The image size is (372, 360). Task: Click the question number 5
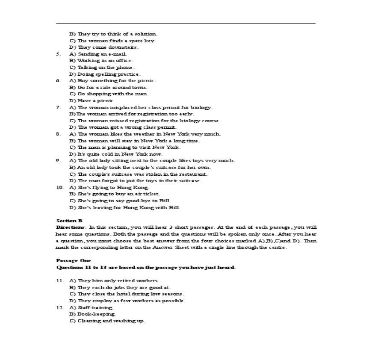coord(58,54)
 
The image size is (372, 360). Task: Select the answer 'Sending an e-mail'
coord(98,54)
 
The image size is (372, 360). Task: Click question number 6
coord(58,80)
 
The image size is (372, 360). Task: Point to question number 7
coord(58,107)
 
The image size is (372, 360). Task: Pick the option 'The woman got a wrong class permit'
coord(123,127)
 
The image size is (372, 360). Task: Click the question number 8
coord(58,134)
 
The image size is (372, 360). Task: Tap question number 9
coord(58,160)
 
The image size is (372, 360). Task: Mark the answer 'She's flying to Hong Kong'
coord(109,187)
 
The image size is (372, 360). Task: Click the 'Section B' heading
coord(69,221)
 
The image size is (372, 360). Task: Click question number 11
coord(59,280)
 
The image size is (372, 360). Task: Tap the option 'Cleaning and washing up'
coord(107,321)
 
